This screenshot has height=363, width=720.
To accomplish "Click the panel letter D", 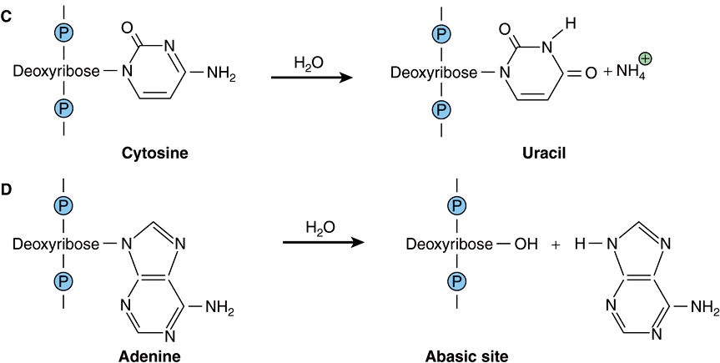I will (x=8, y=190).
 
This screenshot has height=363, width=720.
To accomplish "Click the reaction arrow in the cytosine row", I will (x=310, y=78).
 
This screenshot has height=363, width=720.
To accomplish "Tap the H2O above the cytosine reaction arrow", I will (x=310, y=61).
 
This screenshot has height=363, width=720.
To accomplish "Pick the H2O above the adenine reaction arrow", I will (x=321, y=226).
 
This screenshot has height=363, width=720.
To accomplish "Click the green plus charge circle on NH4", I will (x=645, y=58).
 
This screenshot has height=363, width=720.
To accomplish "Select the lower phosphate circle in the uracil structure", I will (x=443, y=108).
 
